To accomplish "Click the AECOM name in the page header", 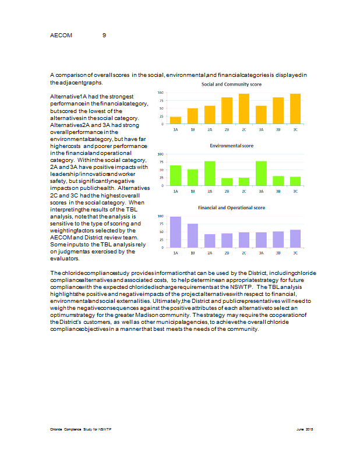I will coord(61,36).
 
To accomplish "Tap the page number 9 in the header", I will coord(104,36).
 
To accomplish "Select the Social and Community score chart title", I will coord(231,85).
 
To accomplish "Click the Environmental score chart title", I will coord(231,146).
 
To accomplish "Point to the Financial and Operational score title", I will coord(231,207).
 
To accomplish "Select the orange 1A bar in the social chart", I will coord(175,120).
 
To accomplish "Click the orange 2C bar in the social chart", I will coord(244,109).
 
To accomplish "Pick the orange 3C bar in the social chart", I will coord(295,109).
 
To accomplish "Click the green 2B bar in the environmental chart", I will coord(227,181).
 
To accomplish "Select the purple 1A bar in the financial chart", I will coord(175,232).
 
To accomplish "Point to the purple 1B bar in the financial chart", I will coord(193,235).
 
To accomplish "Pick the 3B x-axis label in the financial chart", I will coord(278,253).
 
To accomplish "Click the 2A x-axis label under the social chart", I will coord(210,129).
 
